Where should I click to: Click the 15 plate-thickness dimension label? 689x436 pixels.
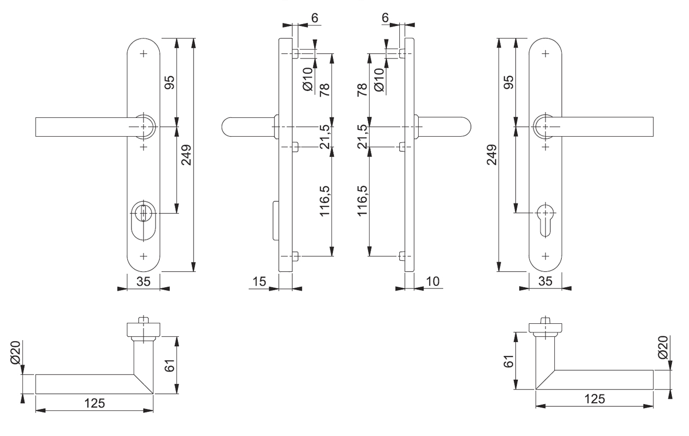259,282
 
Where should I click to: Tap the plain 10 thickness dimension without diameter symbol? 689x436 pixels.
433,282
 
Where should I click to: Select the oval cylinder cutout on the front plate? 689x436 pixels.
143,220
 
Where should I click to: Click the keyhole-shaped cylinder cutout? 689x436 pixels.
545,218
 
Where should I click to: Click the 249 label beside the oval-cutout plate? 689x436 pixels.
186,154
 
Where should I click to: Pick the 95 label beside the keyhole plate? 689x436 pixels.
507,82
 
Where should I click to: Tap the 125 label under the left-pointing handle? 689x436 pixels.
94,403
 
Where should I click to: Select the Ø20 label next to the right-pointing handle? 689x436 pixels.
663,347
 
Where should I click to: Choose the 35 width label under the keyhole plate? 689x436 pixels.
545,282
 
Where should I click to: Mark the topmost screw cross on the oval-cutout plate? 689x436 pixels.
144,54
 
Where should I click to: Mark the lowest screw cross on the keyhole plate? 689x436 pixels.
545,256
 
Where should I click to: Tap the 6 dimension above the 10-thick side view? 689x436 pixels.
385,17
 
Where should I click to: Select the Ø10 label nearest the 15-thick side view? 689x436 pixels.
307,79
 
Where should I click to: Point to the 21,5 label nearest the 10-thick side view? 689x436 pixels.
364,137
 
